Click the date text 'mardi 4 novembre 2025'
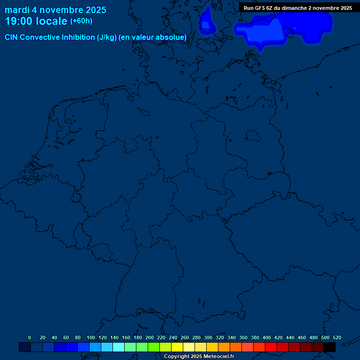pyautogui.click(x=55, y=10)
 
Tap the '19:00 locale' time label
pyautogui.click(x=36, y=21)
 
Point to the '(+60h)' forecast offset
pyautogui.click(x=81, y=21)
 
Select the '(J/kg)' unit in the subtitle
pyautogui.click(x=107, y=37)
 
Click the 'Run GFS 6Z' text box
pyautogui.click(x=298, y=8)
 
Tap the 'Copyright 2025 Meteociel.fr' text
pyautogui.click(x=199, y=356)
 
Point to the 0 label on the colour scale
pyautogui.click(x=30, y=337)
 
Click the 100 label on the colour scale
pyautogui.click(x=91, y=337)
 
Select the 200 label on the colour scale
pyautogui.click(x=150, y=337)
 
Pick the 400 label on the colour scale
pyautogui.click(x=267, y=337)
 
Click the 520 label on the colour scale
pyautogui.click(x=337, y=337)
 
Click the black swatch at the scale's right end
pyautogui.click(x=330, y=347)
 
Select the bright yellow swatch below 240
pyautogui.click(x=177, y=347)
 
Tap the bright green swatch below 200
pyautogui.click(x=154, y=347)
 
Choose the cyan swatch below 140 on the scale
pyautogui.click(x=119, y=347)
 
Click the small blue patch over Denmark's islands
pyautogui.click(x=205, y=21)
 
